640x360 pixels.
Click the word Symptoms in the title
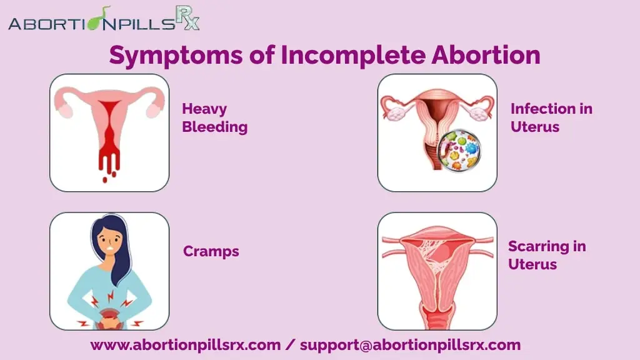point(176,55)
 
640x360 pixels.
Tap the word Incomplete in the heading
point(353,55)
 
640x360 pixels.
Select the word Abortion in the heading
point(486,54)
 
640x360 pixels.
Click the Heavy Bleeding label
point(215,117)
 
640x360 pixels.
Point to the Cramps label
point(211,251)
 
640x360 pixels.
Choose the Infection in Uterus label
point(551,117)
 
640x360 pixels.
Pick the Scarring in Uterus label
point(547,255)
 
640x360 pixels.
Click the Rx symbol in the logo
point(187,17)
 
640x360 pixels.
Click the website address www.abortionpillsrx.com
point(186,345)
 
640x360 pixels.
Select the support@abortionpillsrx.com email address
point(410,345)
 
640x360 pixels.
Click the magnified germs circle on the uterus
point(459,151)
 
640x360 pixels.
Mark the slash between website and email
point(290,345)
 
